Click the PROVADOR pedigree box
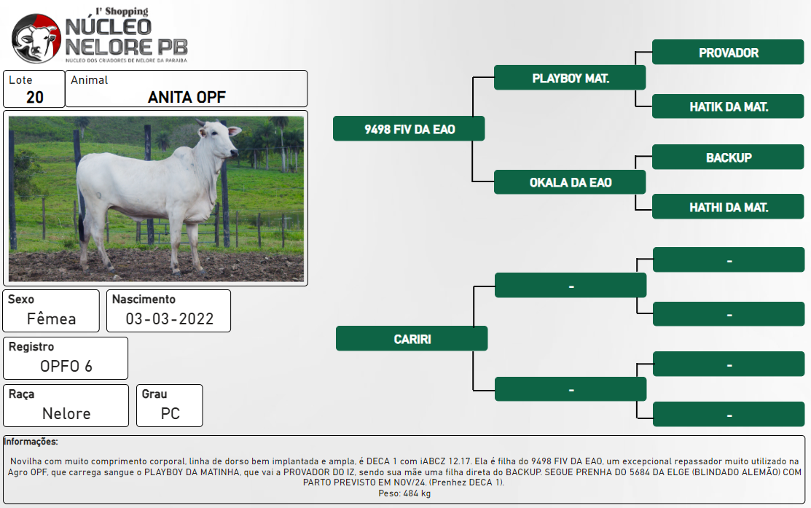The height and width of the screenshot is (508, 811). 728,52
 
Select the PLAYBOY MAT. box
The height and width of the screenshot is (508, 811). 570,77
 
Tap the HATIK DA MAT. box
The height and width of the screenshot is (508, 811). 728,106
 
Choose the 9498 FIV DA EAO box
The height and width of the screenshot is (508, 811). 409,129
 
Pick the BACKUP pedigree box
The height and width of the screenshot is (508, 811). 728,157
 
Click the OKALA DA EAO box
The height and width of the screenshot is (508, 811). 570,182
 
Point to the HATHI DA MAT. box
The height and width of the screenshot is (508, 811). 728,207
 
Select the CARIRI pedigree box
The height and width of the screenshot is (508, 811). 412,339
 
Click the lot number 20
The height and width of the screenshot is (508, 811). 35,97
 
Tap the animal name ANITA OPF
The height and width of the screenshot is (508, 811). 187,97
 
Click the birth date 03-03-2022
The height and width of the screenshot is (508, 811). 170,319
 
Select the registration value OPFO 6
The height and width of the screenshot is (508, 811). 66,367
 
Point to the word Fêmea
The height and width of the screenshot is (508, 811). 51,319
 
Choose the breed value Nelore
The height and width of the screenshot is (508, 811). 66,414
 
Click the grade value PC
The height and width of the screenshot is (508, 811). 171,414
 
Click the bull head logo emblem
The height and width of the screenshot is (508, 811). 36,39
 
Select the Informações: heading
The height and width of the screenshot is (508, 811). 31,441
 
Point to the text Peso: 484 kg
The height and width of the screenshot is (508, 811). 404,493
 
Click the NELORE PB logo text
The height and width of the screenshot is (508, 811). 126,47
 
